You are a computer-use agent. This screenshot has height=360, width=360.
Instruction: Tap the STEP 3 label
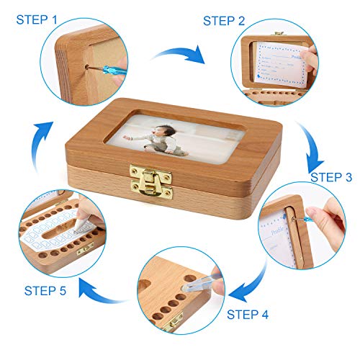tap(331, 177)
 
